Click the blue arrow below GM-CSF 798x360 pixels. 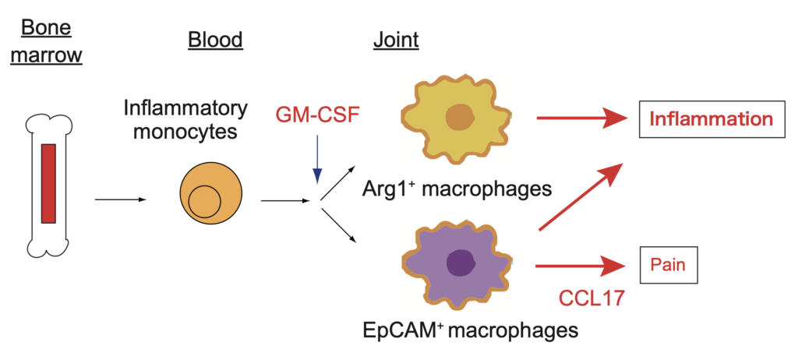tap(315, 159)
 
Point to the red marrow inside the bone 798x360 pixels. tap(49, 183)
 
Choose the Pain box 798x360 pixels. tap(669, 265)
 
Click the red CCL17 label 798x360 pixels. tap(584, 298)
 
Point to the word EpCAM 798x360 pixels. tap(403, 331)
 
